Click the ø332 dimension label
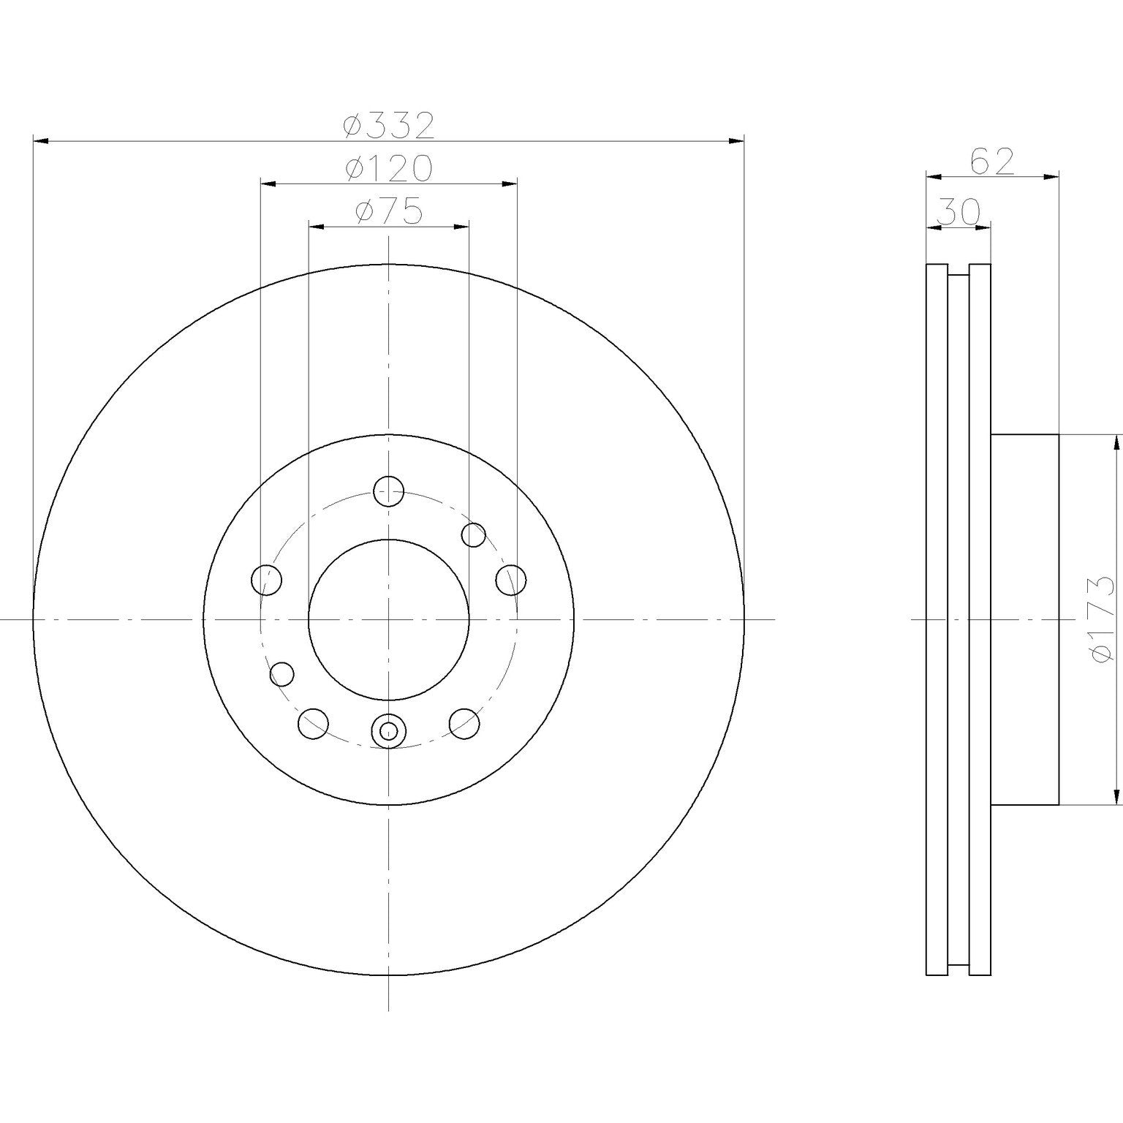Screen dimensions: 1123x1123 (389, 126)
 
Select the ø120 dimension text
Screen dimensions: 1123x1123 (389, 169)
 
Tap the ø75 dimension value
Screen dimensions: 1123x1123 (389, 212)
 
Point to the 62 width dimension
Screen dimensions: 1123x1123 (992, 162)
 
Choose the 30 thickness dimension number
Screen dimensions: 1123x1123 (958, 212)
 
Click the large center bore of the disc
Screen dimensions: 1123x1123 (388, 619)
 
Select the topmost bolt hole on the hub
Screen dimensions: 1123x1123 (388, 491)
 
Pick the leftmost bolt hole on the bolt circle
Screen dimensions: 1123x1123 (266, 581)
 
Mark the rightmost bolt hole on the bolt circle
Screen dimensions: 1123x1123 (510, 581)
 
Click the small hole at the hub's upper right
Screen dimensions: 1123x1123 (474, 534)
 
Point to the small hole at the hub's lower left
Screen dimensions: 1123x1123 (282, 673)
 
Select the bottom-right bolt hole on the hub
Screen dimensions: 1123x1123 (464, 723)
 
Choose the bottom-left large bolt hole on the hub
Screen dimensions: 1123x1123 (313, 723)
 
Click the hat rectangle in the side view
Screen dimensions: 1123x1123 (1024, 619)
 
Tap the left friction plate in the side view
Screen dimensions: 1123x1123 (937, 619)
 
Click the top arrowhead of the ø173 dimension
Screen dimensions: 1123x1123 (1116, 442)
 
